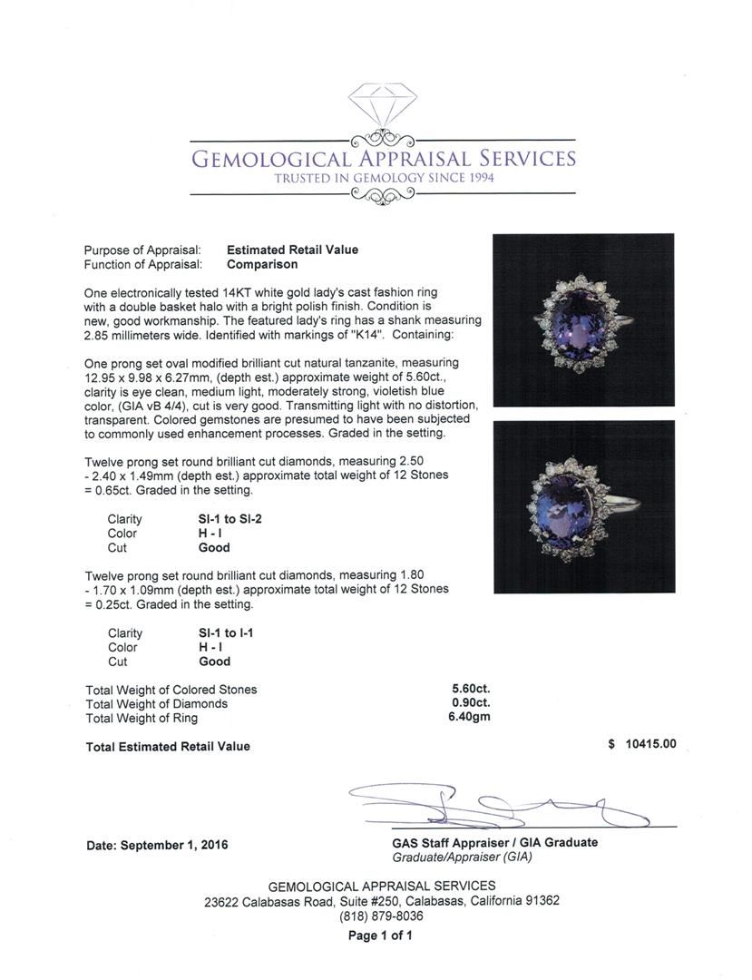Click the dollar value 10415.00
coord(643,744)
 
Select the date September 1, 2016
coord(157,845)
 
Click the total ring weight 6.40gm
coord(471,718)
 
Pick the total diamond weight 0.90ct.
coord(471,703)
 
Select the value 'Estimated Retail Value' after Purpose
coord(292,250)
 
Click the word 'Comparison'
coord(261,264)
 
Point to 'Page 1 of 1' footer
coord(381,936)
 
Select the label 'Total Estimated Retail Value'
coord(167,746)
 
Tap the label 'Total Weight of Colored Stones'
coord(171,689)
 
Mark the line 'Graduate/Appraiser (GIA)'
coord(462,857)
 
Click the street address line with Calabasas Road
coord(381,901)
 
